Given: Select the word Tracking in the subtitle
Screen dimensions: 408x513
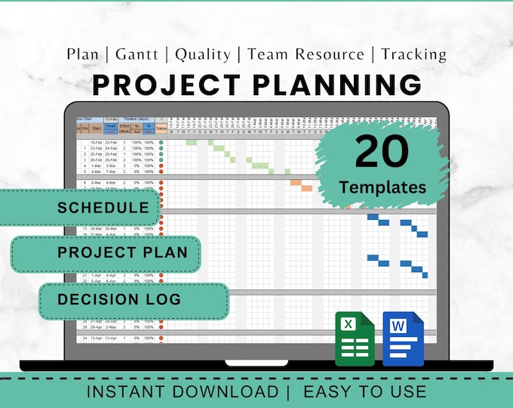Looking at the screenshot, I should click(413, 54).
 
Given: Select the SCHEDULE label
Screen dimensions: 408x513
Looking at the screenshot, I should click(103, 208).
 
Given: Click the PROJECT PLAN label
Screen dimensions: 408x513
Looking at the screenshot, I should click(122, 252).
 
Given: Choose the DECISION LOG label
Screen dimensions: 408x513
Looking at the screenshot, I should click(119, 299).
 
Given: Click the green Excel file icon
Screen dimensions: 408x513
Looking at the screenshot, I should click(355, 338).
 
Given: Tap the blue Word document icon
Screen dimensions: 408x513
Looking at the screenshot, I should click(404, 338).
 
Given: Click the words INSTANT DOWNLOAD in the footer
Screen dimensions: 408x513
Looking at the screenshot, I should click(182, 391).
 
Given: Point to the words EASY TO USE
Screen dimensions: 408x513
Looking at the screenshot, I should click(364, 391).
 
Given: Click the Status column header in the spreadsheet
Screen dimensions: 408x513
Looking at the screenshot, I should click(161, 128).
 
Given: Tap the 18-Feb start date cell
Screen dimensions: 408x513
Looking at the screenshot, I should click(97, 142).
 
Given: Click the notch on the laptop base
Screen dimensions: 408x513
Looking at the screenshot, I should click(256, 363).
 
